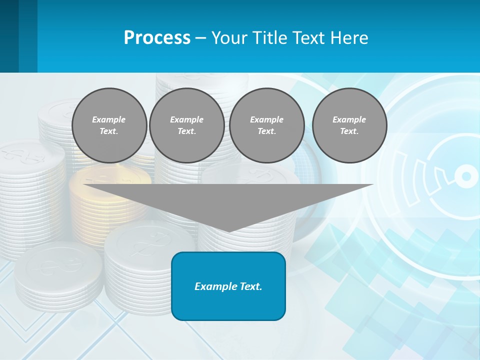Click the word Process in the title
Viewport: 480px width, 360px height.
click(x=157, y=38)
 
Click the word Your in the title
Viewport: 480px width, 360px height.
click(x=228, y=38)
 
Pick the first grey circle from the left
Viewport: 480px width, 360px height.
click(x=109, y=125)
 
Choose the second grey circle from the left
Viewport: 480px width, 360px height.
click(x=187, y=125)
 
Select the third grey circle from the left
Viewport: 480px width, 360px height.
click(x=267, y=125)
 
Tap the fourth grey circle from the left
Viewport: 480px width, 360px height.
click(x=349, y=125)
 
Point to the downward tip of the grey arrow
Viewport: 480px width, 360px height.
click(x=228, y=230)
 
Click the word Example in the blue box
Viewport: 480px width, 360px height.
click(x=214, y=286)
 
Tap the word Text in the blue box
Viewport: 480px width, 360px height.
click(x=249, y=286)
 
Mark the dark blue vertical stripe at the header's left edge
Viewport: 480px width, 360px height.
click(x=9, y=36)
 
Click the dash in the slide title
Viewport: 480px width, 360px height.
click(x=201, y=38)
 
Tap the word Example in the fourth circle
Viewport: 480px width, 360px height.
click(x=349, y=119)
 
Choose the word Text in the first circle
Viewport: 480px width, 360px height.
click(x=108, y=131)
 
